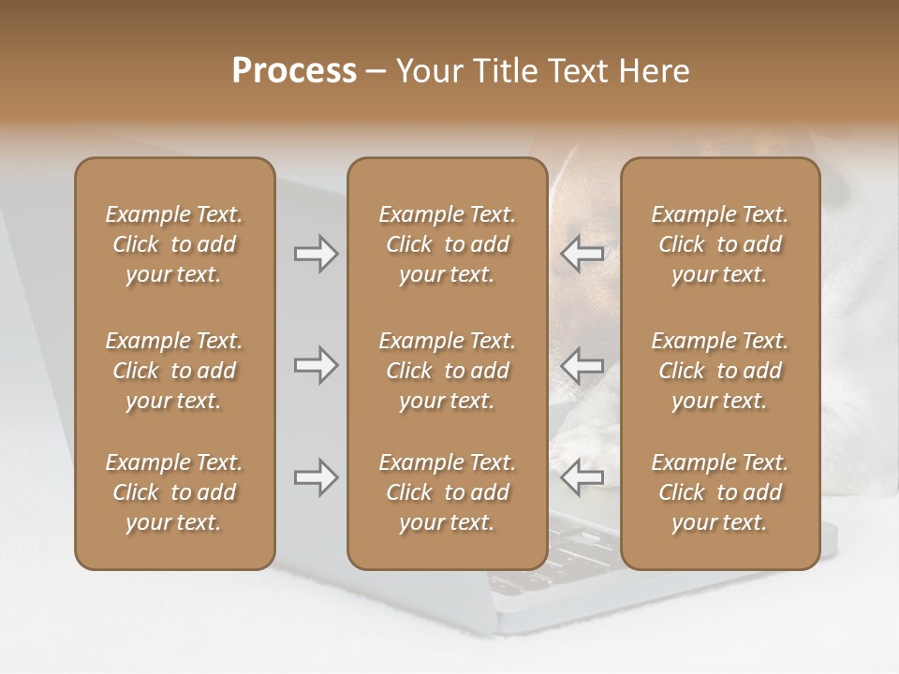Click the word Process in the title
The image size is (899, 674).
pyautogui.click(x=294, y=70)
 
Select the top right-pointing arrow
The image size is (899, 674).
pyautogui.click(x=316, y=254)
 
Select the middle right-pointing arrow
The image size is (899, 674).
pyautogui.click(x=316, y=365)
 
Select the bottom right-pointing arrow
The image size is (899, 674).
pyautogui.click(x=316, y=477)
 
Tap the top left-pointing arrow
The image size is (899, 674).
pyautogui.click(x=582, y=254)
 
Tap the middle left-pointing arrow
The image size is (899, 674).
pyautogui.click(x=582, y=365)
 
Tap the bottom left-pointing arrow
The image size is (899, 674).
pyautogui.click(x=582, y=477)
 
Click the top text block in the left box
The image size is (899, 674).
pyautogui.click(x=174, y=244)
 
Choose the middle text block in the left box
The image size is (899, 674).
pyautogui.click(x=174, y=371)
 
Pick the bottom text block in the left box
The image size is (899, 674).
pyautogui.click(x=174, y=492)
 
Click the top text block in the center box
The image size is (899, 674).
pyautogui.click(x=447, y=244)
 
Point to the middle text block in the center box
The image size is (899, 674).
pyautogui.click(x=447, y=371)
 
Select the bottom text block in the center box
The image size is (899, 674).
pyautogui.click(x=447, y=492)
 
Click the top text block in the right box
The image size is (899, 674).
pyautogui.click(x=719, y=244)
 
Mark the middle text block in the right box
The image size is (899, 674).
pyautogui.click(x=719, y=371)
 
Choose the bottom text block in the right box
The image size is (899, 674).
pyautogui.click(x=719, y=492)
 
